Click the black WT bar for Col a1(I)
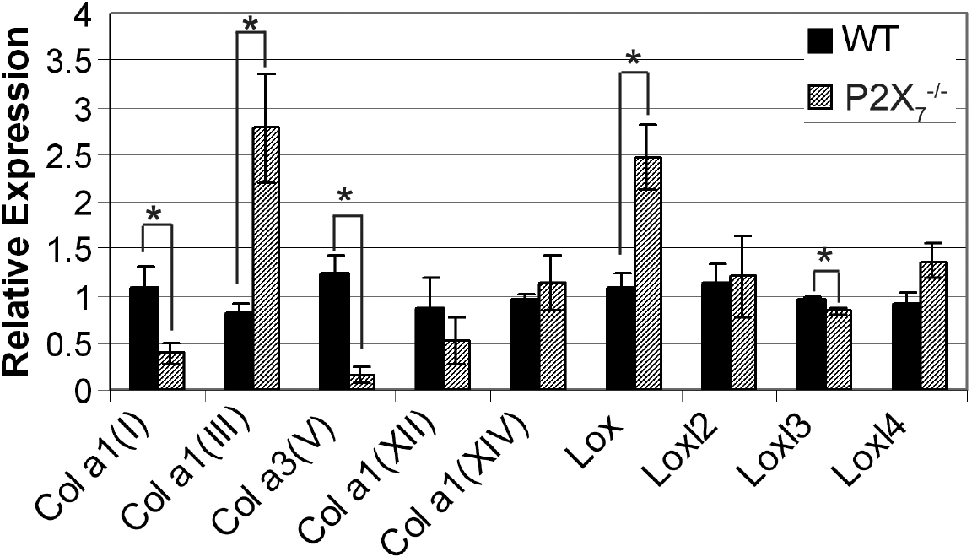(144, 338)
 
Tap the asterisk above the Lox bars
(634, 60)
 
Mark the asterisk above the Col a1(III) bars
(251, 24)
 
